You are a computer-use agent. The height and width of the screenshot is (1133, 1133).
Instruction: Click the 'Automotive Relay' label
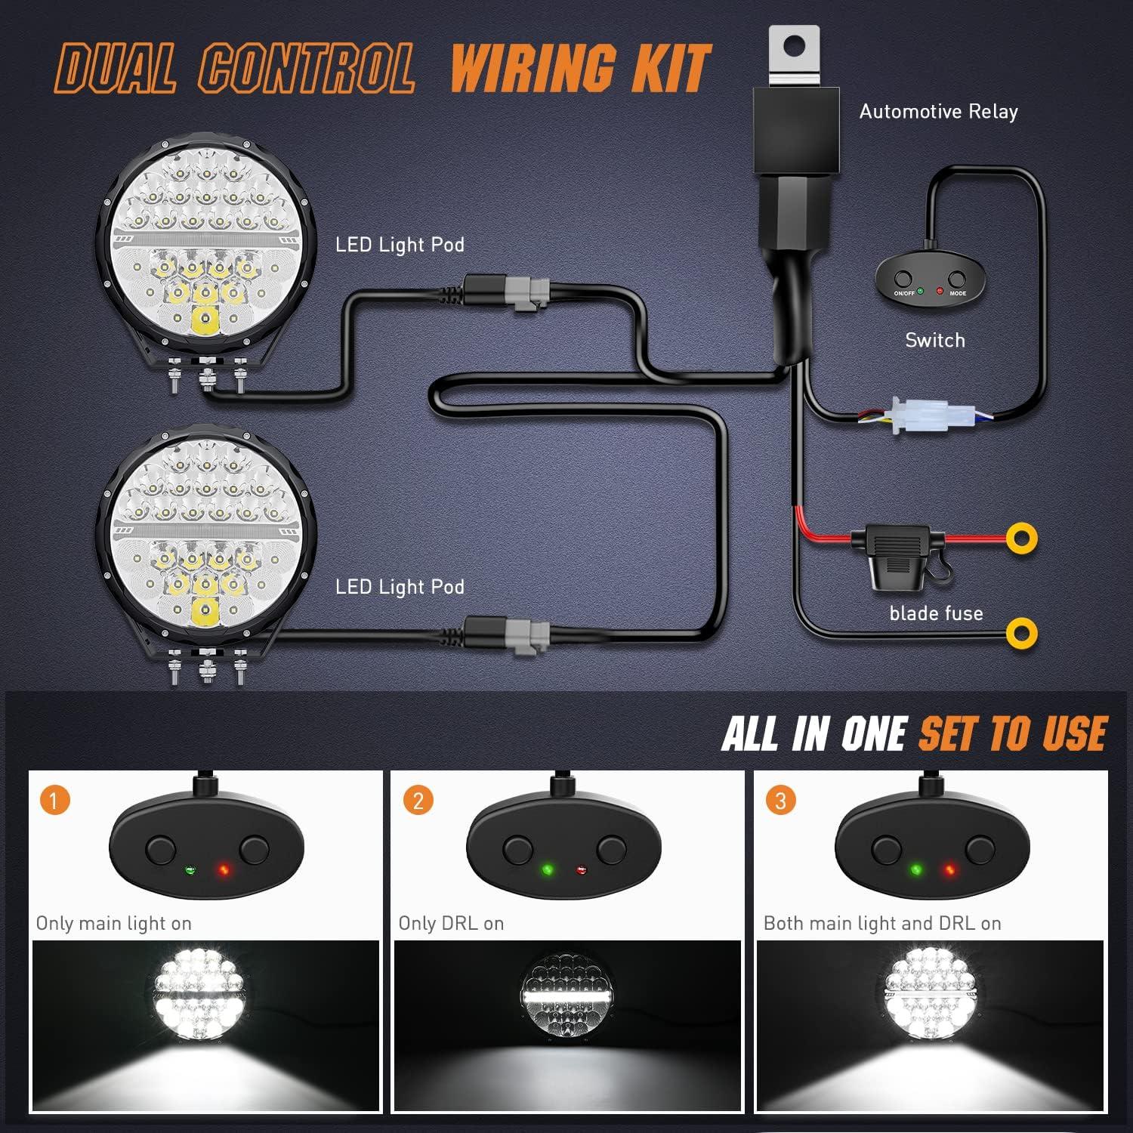point(938,112)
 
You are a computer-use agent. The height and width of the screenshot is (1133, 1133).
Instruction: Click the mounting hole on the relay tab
point(792,45)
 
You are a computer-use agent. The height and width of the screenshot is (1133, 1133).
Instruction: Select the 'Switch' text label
point(935,340)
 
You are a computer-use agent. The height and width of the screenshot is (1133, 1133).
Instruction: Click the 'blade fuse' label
point(936,613)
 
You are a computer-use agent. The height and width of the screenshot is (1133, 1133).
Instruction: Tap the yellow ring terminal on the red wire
point(1022,538)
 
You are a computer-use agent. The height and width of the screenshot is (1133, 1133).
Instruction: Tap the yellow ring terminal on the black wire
point(1022,633)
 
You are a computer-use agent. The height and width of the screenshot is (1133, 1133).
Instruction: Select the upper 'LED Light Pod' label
point(400,245)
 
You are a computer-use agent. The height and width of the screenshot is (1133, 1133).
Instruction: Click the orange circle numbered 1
point(55,800)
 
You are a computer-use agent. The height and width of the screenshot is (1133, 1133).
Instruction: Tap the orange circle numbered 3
point(780,800)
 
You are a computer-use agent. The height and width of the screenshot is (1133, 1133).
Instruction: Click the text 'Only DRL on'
point(451,923)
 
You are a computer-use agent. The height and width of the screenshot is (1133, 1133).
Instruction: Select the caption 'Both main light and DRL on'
point(882,923)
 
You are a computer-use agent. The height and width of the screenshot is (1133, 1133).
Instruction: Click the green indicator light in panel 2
point(548,870)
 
